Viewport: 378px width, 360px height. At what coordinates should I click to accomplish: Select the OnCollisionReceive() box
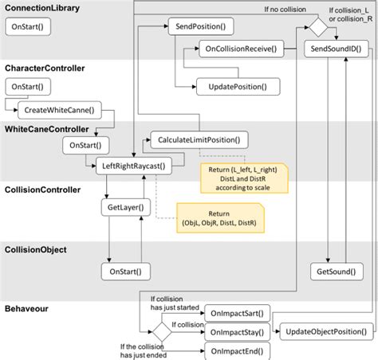(241, 50)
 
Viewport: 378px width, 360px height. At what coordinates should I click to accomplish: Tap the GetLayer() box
(124, 208)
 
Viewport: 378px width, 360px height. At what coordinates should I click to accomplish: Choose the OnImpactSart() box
(238, 312)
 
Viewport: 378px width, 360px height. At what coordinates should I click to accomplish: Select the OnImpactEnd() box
(238, 350)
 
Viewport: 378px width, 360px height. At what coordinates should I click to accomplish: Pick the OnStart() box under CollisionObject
(126, 272)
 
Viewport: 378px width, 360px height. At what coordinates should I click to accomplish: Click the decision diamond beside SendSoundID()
(317, 26)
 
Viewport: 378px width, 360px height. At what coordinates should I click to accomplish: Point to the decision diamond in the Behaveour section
(162, 331)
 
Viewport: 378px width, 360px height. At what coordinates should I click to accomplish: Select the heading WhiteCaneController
(46, 128)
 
